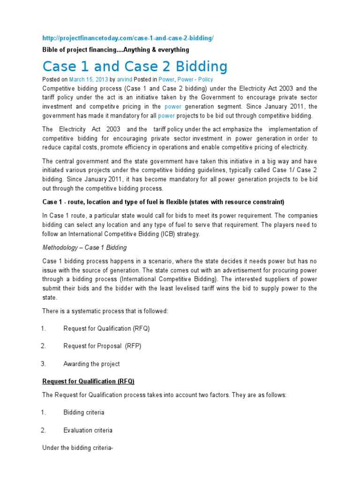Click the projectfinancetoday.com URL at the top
point(128,38)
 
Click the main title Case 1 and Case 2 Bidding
point(135,66)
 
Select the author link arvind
point(125,80)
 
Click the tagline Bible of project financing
point(116,50)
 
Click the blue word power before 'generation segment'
point(172,107)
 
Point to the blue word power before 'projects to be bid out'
point(166,116)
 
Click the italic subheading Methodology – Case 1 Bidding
point(84,247)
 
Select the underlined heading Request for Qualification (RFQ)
point(88,382)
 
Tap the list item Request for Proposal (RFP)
point(102,346)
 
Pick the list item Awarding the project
point(91,364)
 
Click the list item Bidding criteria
point(84,412)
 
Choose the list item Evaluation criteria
point(88,430)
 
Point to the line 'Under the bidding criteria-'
point(78,448)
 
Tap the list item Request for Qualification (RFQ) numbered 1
point(106,329)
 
